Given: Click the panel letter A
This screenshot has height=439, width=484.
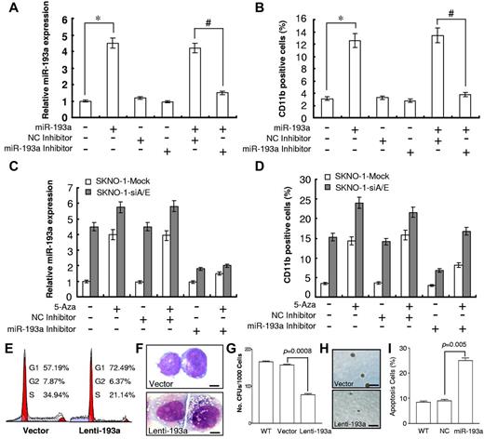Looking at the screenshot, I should click(x=10, y=8).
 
